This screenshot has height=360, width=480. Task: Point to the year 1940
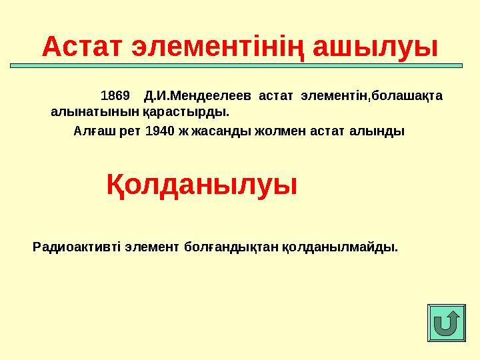point(159,131)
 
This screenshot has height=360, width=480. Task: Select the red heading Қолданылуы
point(202,185)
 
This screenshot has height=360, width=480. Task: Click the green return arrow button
point(446,325)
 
